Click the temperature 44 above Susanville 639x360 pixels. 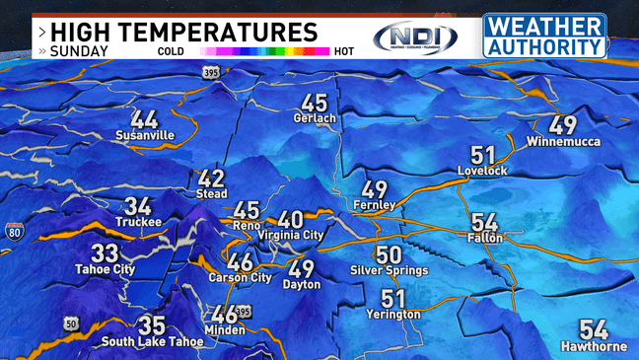pos(144,117)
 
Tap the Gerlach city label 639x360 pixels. pos(315,119)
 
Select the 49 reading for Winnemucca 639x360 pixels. pos(562,126)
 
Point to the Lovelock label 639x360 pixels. pos(482,172)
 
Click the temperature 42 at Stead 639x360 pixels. pos(212,180)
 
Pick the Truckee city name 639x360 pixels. pos(137,223)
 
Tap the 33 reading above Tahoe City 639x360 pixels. pos(105,253)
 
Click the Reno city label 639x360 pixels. pos(246,226)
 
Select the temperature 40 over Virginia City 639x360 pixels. pos(290,220)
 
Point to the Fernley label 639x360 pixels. pos(374,205)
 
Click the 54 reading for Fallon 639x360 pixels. pos(485,223)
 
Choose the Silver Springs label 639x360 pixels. pos(390,270)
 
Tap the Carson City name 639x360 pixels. pos(240,278)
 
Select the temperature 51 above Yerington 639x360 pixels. pos(393,299)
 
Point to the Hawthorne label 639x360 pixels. pos(594,346)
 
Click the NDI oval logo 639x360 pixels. pos(415,37)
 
